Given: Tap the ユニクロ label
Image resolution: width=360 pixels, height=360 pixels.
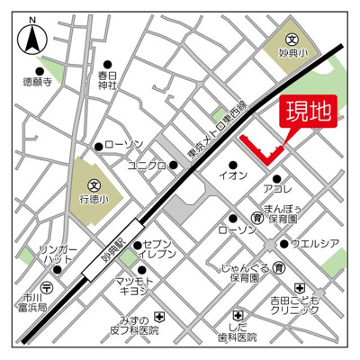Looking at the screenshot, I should tap(145, 166).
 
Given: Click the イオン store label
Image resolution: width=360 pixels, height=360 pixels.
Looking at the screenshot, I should tap(230, 176).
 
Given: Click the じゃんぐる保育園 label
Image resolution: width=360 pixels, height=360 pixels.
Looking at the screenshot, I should tap(245, 273).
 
